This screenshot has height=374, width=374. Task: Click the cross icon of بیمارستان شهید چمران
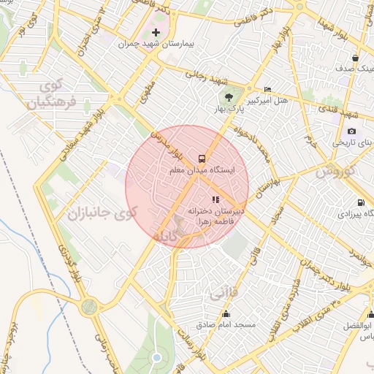pos(155,33)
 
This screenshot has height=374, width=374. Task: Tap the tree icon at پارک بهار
pos(230,96)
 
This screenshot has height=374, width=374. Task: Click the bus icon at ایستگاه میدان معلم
pos(202,158)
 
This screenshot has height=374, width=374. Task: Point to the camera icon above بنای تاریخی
pos(351,131)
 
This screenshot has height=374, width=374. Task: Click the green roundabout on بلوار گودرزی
pos(89,307)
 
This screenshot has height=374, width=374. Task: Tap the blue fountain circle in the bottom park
pos(156,358)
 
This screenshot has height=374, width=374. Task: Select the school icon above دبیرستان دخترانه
pos(215,199)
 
